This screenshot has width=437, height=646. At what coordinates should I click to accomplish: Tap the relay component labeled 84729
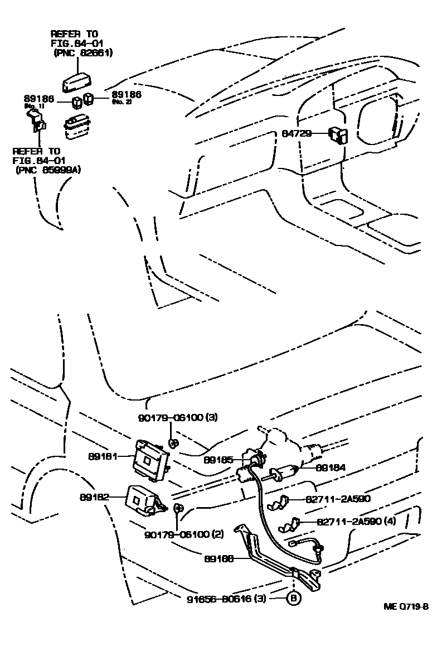(x=338, y=135)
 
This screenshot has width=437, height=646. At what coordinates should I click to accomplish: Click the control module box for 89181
(x=150, y=457)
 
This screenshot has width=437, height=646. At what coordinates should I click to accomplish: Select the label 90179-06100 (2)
(x=184, y=534)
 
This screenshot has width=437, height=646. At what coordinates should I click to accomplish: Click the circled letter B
(x=293, y=599)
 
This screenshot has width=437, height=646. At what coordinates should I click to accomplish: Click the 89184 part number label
(x=331, y=467)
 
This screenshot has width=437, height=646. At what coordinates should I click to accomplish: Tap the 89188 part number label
(x=218, y=556)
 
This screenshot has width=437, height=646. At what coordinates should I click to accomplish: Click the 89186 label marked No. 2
(x=127, y=97)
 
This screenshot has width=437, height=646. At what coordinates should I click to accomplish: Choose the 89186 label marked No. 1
(x=38, y=99)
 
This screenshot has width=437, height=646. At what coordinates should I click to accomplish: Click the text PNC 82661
(x=84, y=53)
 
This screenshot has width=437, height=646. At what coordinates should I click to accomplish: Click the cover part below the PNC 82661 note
(x=77, y=81)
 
